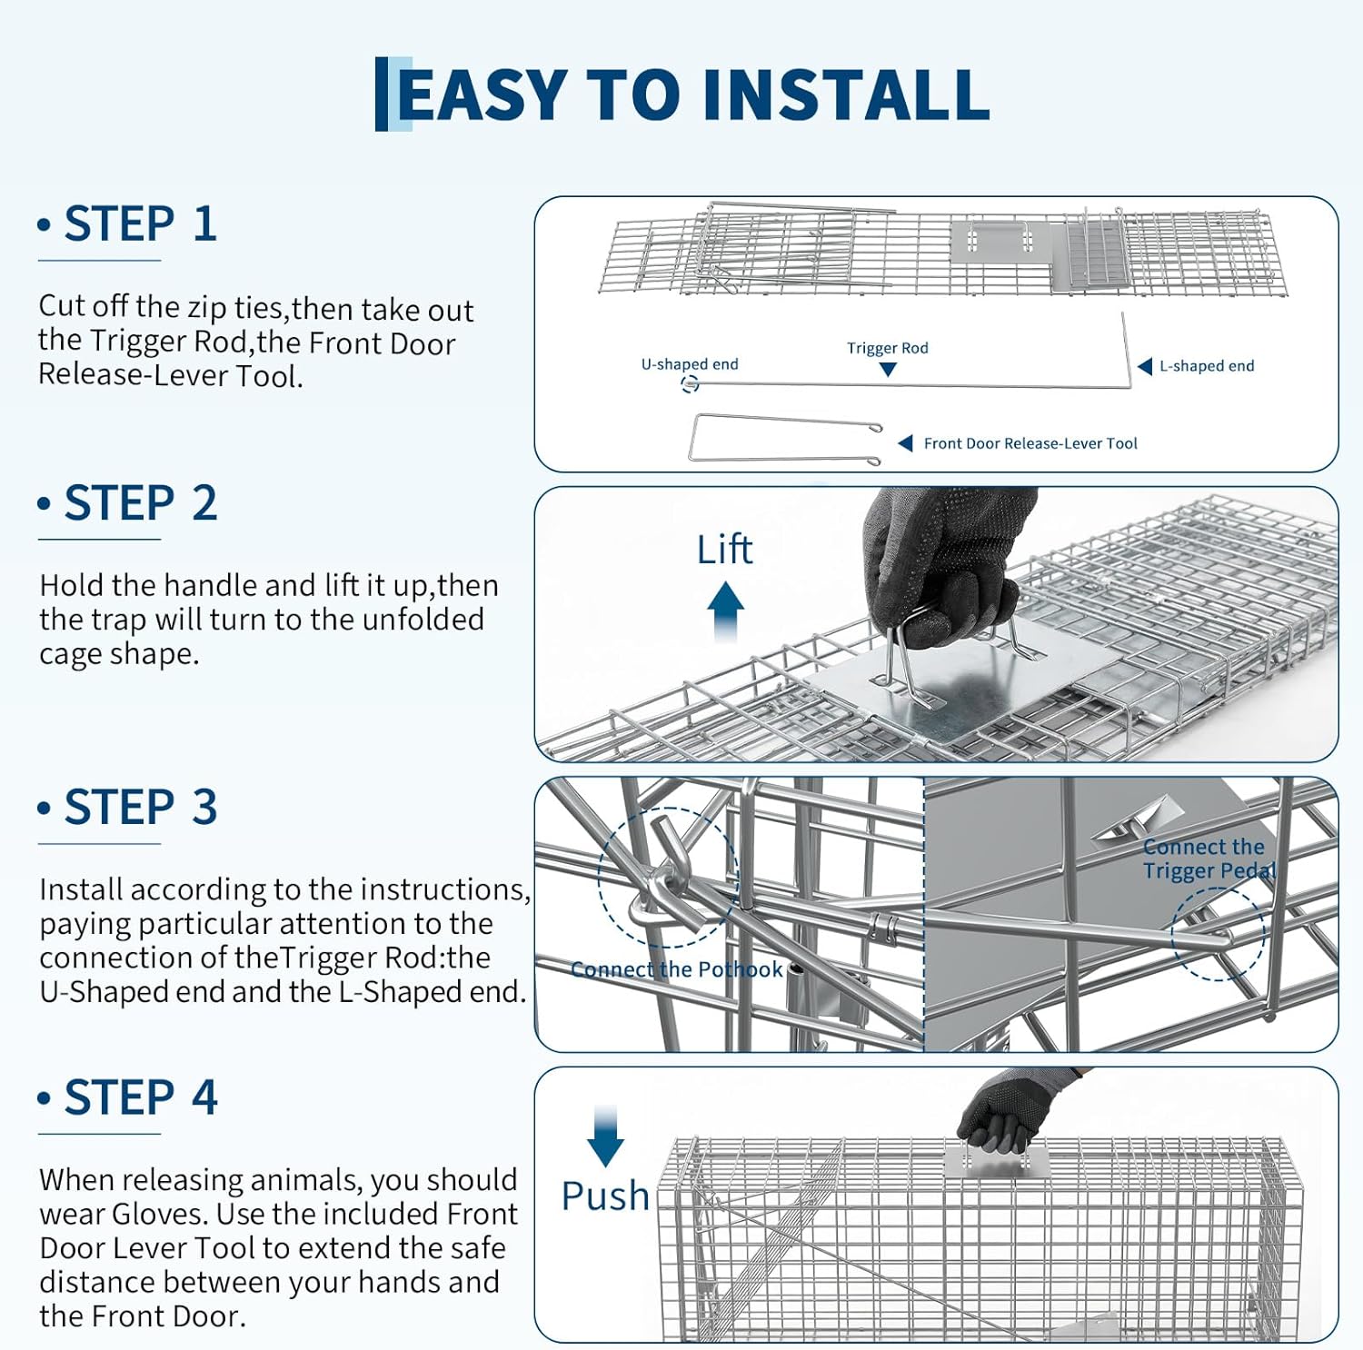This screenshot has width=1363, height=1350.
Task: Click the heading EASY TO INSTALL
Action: tap(692, 94)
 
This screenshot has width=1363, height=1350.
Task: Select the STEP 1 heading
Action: tap(140, 224)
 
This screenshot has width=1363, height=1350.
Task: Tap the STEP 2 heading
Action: tap(140, 503)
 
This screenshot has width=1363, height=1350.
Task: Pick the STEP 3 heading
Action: tap(140, 808)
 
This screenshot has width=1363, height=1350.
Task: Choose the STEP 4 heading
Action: tap(140, 1097)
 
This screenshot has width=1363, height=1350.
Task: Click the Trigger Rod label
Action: tap(887, 348)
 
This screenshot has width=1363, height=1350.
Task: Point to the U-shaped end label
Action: tap(690, 364)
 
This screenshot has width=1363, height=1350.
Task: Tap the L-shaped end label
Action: tap(1206, 366)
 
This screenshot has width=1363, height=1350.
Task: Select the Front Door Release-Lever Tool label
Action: tap(1030, 443)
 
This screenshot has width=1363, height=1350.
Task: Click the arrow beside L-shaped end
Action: tap(1145, 366)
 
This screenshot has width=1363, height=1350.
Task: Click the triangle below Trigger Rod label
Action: tap(888, 370)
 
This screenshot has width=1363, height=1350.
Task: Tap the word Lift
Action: tap(724, 550)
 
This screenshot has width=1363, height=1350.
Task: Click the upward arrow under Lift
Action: tap(725, 610)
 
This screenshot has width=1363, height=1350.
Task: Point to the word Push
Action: tap(605, 1196)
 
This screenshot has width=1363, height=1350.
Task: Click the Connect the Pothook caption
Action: tap(676, 969)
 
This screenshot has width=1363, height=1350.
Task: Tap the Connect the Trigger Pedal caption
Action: tap(1208, 859)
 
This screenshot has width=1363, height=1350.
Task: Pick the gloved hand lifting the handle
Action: tap(936, 563)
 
